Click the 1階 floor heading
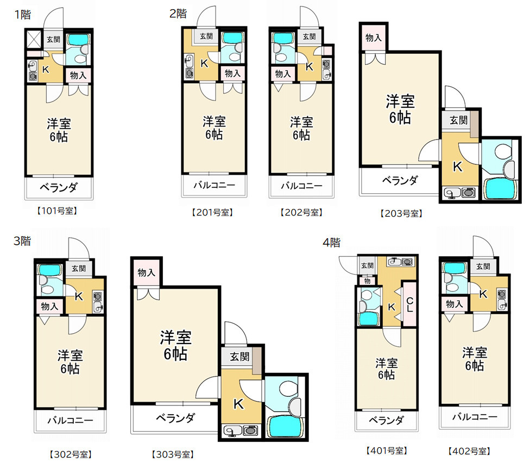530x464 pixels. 22,14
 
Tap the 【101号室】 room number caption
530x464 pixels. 57,211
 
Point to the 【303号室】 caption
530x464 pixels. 173,454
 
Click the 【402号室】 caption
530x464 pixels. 469,451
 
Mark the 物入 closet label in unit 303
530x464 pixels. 146,272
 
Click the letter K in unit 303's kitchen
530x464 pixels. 238,404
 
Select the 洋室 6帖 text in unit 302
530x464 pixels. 70,362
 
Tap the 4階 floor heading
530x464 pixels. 331,243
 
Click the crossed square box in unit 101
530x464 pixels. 34,39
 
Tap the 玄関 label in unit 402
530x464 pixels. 483,266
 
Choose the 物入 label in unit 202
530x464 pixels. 282,73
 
